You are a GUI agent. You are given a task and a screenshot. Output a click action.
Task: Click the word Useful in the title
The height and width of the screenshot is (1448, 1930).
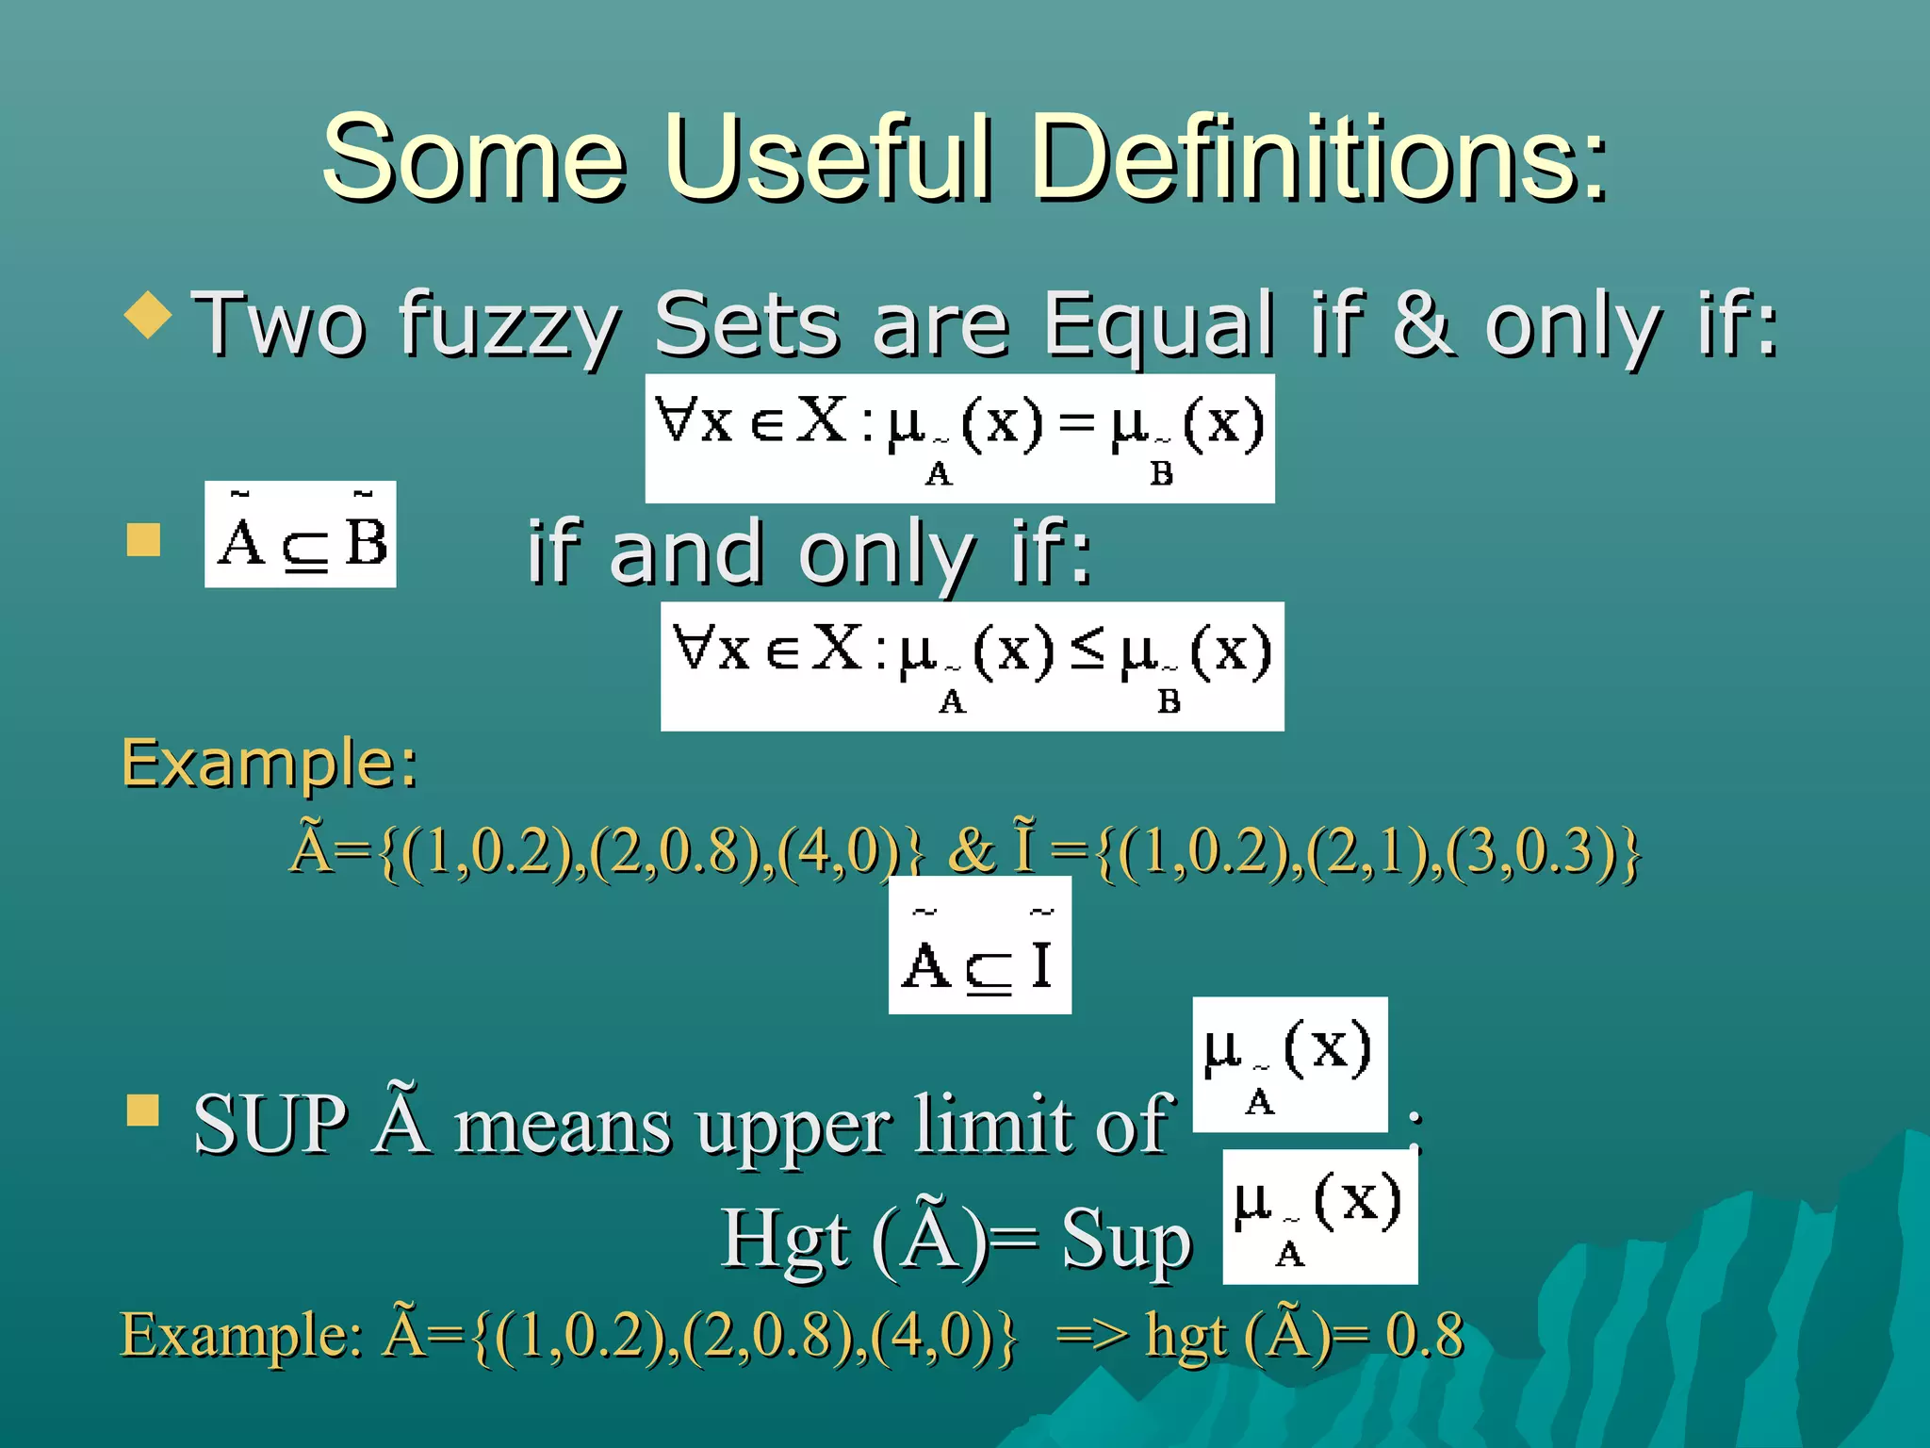click(828, 157)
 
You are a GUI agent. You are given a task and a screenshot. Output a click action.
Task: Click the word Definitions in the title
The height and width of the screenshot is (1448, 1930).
click(1319, 157)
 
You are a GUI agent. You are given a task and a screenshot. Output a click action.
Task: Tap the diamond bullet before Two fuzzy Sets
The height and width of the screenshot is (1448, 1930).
click(148, 314)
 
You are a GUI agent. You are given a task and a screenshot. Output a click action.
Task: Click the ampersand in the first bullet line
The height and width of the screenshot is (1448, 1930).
click(1420, 323)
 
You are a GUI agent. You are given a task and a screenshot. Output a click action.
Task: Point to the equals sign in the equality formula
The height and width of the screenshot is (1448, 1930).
click(1075, 423)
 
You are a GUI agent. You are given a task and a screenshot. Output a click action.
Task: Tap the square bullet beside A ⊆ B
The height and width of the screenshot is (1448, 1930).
click(143, 540)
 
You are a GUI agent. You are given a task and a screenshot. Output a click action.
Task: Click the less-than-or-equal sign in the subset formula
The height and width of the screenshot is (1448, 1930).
click(1087, 650)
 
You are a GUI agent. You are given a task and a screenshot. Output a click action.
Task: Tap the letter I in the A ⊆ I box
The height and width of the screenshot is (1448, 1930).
click(1040, 963)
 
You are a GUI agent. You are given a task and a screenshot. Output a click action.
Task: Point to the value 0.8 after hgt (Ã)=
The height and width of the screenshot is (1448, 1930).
click(1424, 1334)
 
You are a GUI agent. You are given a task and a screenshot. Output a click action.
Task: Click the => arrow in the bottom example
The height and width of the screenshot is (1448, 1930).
click(1091, 1335)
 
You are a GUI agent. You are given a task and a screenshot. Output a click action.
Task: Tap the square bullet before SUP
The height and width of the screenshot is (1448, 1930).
click(143, 1110)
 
